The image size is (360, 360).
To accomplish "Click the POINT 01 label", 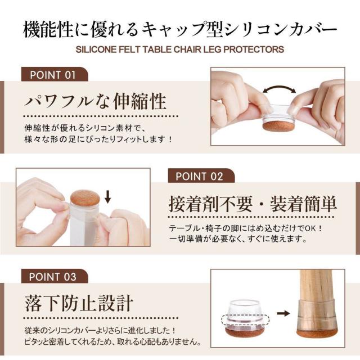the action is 53,75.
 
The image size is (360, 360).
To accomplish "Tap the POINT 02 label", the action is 199,177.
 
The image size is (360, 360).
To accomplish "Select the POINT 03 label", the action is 52,277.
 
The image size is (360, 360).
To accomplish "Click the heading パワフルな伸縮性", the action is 96,101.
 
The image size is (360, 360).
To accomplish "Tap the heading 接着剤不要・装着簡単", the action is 253,204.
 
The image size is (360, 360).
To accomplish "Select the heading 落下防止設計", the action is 79,303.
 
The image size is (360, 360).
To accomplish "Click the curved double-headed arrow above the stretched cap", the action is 280,88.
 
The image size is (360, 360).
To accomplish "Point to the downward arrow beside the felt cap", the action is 107,196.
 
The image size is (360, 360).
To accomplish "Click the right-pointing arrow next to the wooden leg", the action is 283,313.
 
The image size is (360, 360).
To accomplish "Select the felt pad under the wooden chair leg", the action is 317,334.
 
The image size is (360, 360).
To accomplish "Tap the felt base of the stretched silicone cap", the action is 279,125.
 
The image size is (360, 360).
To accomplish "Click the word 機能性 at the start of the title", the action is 48,30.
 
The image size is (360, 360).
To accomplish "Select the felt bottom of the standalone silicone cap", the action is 244,332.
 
